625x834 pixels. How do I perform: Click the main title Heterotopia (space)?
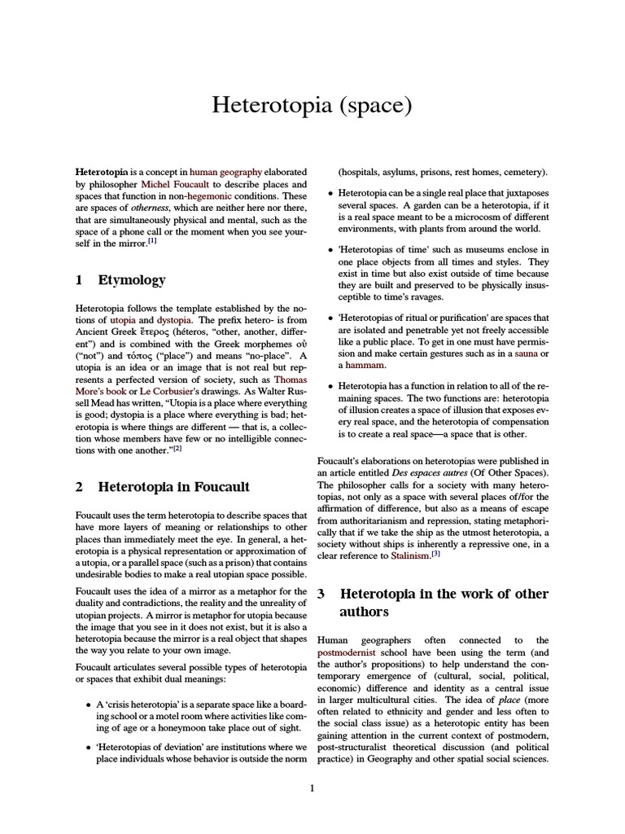tap(312, 105)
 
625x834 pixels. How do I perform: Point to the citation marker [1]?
tap(152, 242)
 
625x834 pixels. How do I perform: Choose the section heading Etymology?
tap(132, 280)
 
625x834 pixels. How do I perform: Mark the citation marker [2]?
tap(177, 447)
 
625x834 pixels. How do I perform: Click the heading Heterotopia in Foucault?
tap(173, 487)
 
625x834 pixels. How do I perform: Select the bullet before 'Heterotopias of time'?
tap(329, 249)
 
